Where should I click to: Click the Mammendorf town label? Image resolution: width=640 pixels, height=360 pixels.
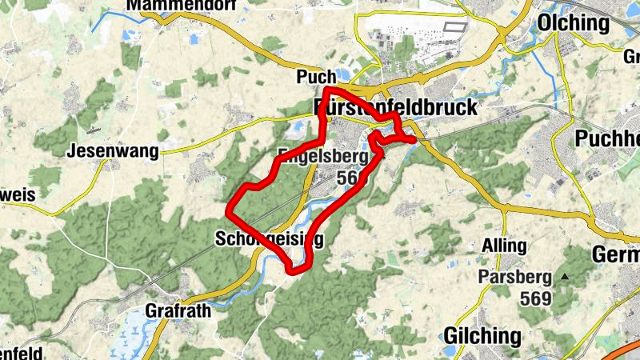[x=174, y=6]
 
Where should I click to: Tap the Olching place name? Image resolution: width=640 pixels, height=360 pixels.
[x=574, y=22]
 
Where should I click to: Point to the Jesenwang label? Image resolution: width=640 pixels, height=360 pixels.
[x=106, y=150]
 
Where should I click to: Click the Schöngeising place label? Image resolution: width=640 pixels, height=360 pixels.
[x=269, y=238]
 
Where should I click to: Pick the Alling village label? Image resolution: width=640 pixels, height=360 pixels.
[x=504, y=246]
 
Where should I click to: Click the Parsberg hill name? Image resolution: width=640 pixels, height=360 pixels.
[x=515, y=278]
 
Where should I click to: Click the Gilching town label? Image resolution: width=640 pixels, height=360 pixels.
[x=482, y=334]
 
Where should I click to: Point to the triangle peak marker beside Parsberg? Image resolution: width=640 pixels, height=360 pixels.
[x=566, y=277]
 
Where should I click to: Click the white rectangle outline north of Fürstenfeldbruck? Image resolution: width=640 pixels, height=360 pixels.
[x=454, y=26]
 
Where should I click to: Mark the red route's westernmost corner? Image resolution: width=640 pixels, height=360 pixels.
[x=228, y=212]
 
